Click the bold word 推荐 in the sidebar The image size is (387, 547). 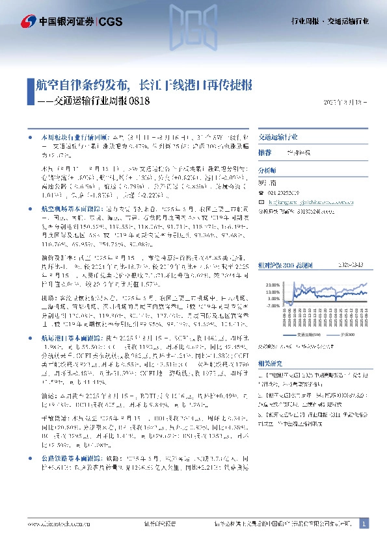[264, 152]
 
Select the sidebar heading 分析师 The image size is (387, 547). [267, 169]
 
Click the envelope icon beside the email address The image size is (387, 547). [261, 202]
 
